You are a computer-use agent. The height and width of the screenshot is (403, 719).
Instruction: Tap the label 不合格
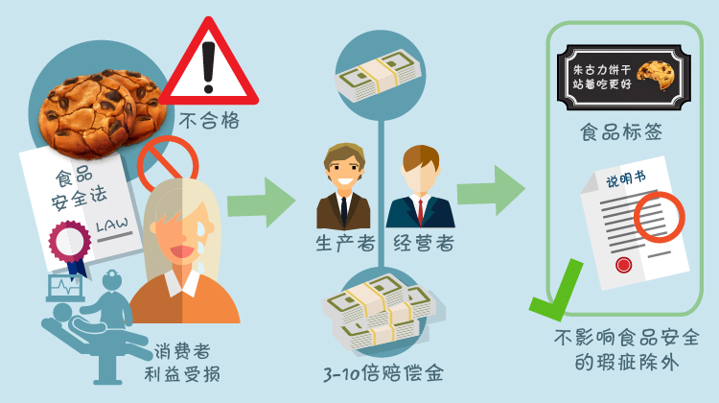pyautogui.click(x=209, y=121)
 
